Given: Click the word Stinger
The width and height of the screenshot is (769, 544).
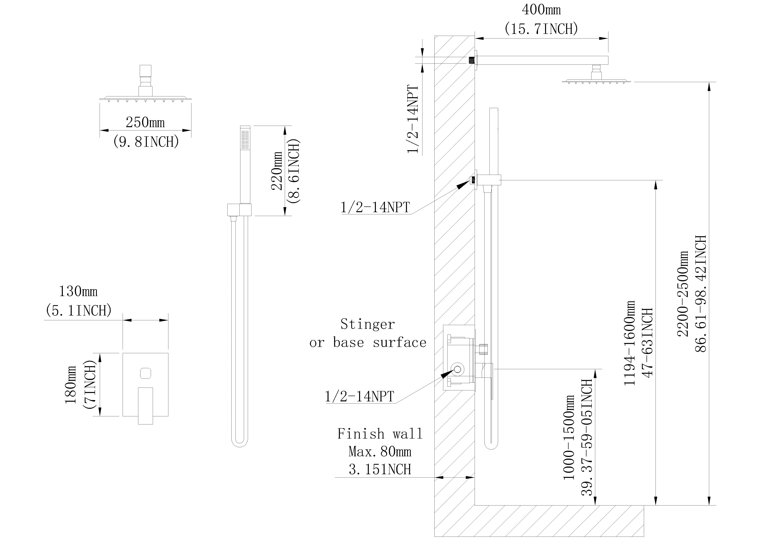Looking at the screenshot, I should coord(367,324).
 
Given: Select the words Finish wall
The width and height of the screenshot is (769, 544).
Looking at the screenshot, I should coord(380,434).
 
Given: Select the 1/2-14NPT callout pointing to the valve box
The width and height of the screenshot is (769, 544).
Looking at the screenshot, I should coord(359,396).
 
